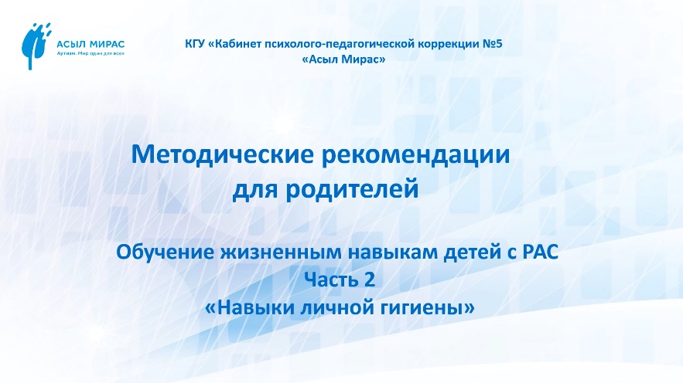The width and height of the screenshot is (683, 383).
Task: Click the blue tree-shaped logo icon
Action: (36, 46)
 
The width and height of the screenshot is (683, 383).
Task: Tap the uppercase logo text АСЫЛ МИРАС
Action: (91, 44)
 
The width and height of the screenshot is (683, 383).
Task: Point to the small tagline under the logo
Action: (91, 53)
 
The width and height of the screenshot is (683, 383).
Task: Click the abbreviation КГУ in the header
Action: (195, 44)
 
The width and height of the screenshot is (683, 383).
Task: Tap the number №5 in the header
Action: (493, 44)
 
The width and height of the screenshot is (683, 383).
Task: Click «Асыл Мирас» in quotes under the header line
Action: (343, 59)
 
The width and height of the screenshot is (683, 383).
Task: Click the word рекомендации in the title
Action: (415, 155)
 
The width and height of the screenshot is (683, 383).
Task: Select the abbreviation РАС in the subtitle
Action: (540, 253)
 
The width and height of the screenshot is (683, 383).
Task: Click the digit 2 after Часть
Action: (369, 280)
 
